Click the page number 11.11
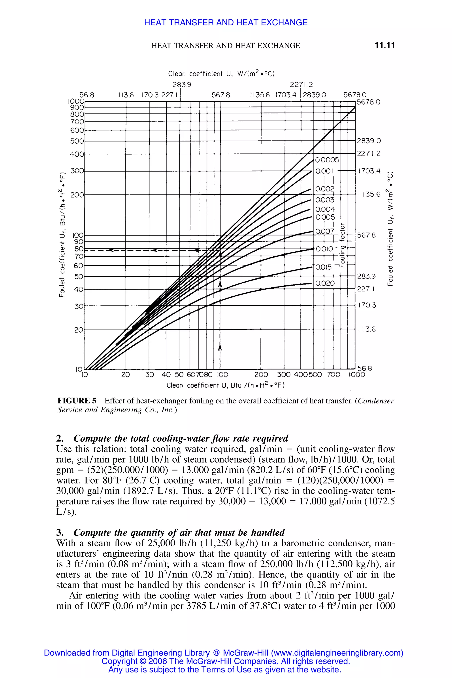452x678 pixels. coord(384,45)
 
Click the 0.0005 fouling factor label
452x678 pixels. coord(327,160)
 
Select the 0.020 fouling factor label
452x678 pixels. coord(325,283)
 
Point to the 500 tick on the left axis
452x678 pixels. coord(77,141)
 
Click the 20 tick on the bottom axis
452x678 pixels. coord(125,375)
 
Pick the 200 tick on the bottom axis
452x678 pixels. coord(261,375)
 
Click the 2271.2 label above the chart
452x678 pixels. coord(301,85)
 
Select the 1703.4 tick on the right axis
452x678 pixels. coord(369,171)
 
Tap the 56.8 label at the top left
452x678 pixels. coord(87,95)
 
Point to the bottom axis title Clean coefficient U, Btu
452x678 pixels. coord(225,385)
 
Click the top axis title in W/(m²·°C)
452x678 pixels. coord(221,74)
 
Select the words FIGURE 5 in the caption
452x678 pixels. coord(77,401)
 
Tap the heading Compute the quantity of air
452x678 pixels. coord(179,532)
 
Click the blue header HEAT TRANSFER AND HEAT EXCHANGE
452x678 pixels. coord(226,23)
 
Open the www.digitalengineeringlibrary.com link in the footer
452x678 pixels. coord(337,653)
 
